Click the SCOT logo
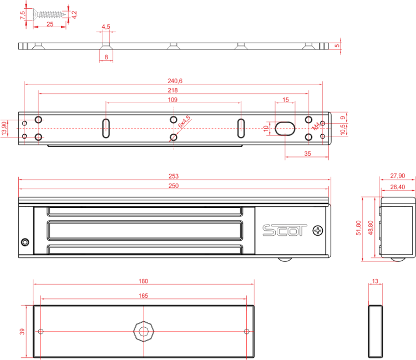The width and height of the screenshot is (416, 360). point(285,230)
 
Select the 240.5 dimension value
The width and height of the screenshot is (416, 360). point(174,80)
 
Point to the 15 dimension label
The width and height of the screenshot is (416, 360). point(285,100)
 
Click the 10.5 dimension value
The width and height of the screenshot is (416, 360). point(343,128)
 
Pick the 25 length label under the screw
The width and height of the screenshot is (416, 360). point(50,24)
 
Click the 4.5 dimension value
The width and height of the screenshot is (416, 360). point(106,27)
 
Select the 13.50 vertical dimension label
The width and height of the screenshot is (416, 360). point(4,128)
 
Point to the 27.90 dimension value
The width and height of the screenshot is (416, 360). point(397,175)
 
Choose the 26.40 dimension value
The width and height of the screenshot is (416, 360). point(397,187)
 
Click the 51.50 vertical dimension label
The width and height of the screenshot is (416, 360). point(358,228)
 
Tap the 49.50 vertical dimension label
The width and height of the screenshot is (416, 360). point(371,228)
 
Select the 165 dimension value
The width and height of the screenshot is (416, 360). point(143,296)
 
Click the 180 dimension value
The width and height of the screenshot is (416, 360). point(143,281)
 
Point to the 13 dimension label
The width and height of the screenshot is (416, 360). point(375,282)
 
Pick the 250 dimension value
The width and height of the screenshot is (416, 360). point(174,186)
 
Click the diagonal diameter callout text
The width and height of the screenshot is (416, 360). point(185,122)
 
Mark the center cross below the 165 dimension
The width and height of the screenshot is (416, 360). point(144,332)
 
